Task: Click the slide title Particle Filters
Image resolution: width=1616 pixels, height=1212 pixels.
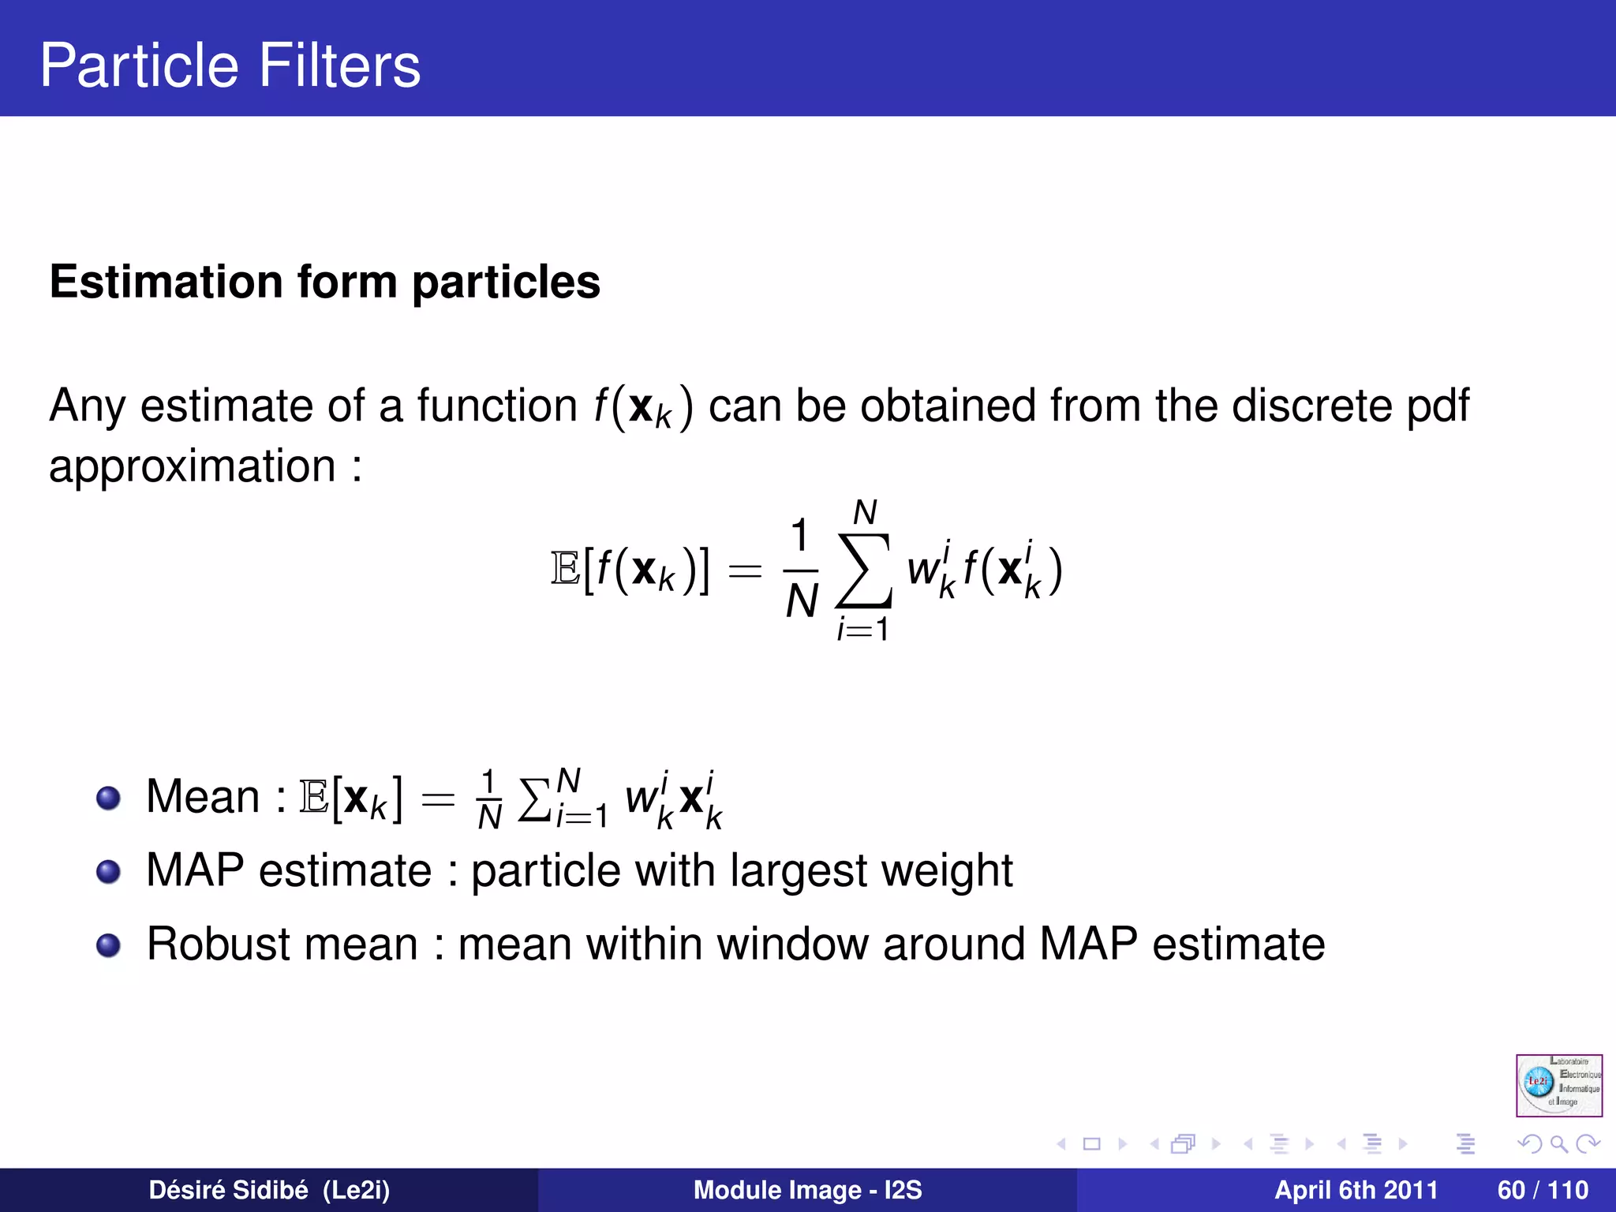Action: pos(230,65)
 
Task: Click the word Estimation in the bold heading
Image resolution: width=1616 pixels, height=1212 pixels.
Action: pos(166,282)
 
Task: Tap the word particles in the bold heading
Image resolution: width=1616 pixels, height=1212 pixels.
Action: pos(506,282)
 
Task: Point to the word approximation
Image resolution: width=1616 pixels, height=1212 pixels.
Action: pos(193,466)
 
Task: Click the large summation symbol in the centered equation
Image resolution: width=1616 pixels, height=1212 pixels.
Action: pos(864,570)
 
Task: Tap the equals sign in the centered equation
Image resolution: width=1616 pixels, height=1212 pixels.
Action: pos(744,570)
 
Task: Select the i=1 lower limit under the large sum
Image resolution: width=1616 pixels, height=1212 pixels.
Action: pos(863,630)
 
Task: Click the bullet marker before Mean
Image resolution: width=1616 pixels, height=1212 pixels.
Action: pos(108,798)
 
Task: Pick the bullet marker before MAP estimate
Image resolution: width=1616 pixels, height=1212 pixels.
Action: pos(108,872)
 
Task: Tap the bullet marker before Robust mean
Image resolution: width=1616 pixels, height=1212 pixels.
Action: pos(108,945)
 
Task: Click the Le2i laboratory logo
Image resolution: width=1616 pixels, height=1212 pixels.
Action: pos(1558,1085)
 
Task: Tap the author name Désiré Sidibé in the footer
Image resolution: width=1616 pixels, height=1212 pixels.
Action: pos(229,1190)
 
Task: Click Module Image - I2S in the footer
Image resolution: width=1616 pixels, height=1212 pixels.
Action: pos(807,1190)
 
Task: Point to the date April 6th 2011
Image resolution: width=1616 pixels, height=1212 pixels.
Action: pos(1356,1190)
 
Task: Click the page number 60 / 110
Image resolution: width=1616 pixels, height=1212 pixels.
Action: pos(1542,1190)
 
